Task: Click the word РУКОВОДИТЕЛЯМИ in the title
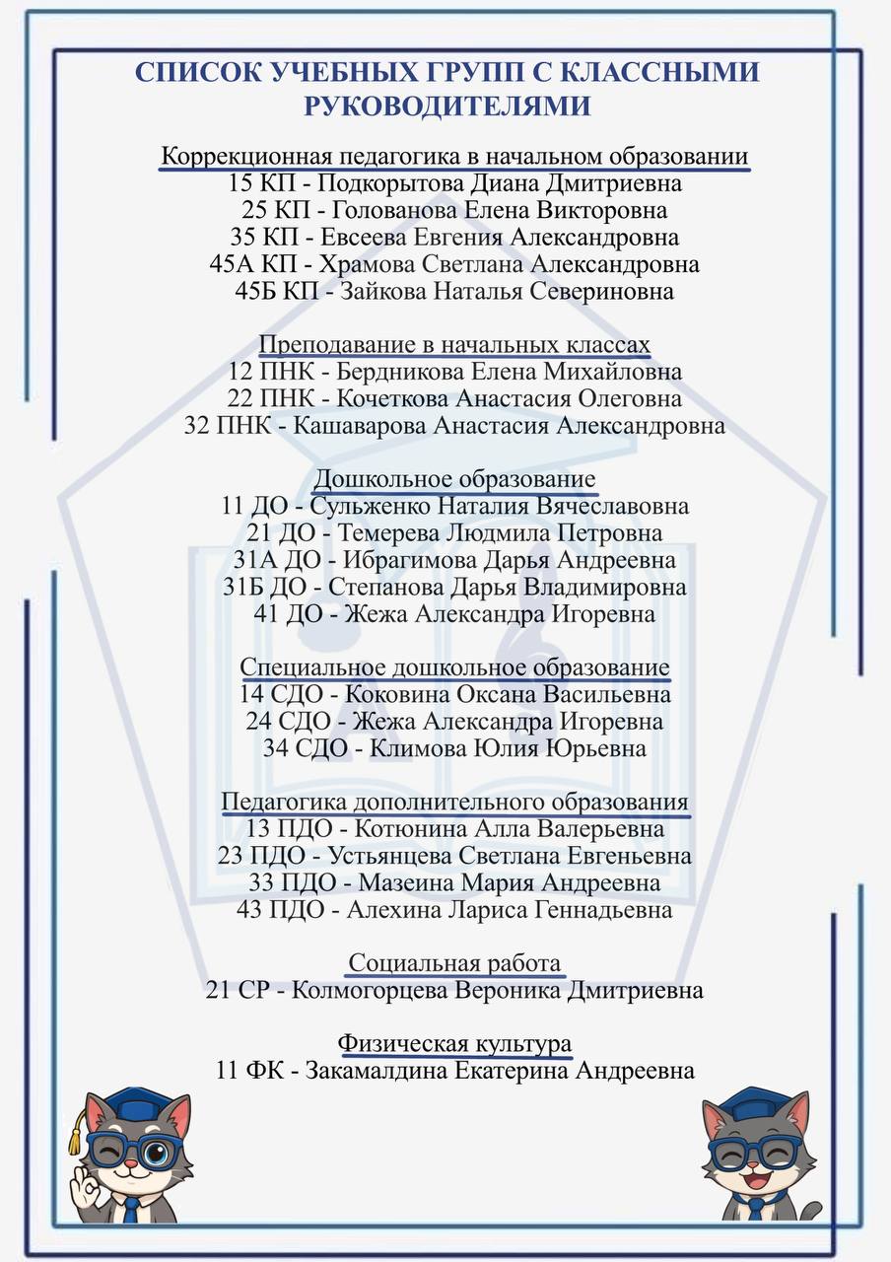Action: click(x=447, y=105)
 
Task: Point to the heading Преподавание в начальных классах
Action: click(x=454, y=345)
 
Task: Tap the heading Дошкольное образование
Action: click(x=454, y=479)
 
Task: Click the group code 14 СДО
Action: click(x=281, y=694)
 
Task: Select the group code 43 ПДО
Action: click(x=281, y=909)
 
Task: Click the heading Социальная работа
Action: click(x=454, y=963)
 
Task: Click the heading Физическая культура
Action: click(x=454, y=1043)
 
